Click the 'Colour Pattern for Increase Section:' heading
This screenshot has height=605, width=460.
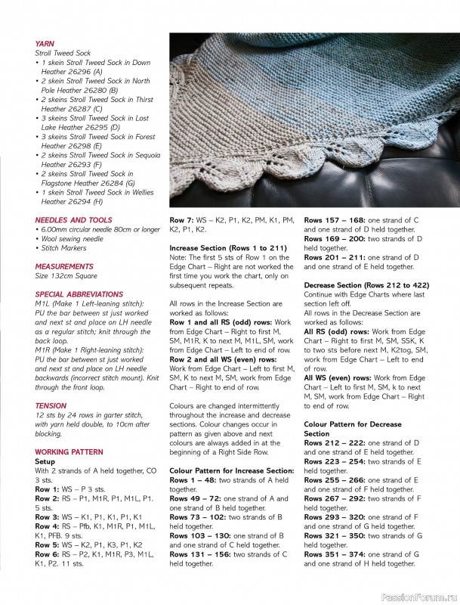click(x=231, y=470)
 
